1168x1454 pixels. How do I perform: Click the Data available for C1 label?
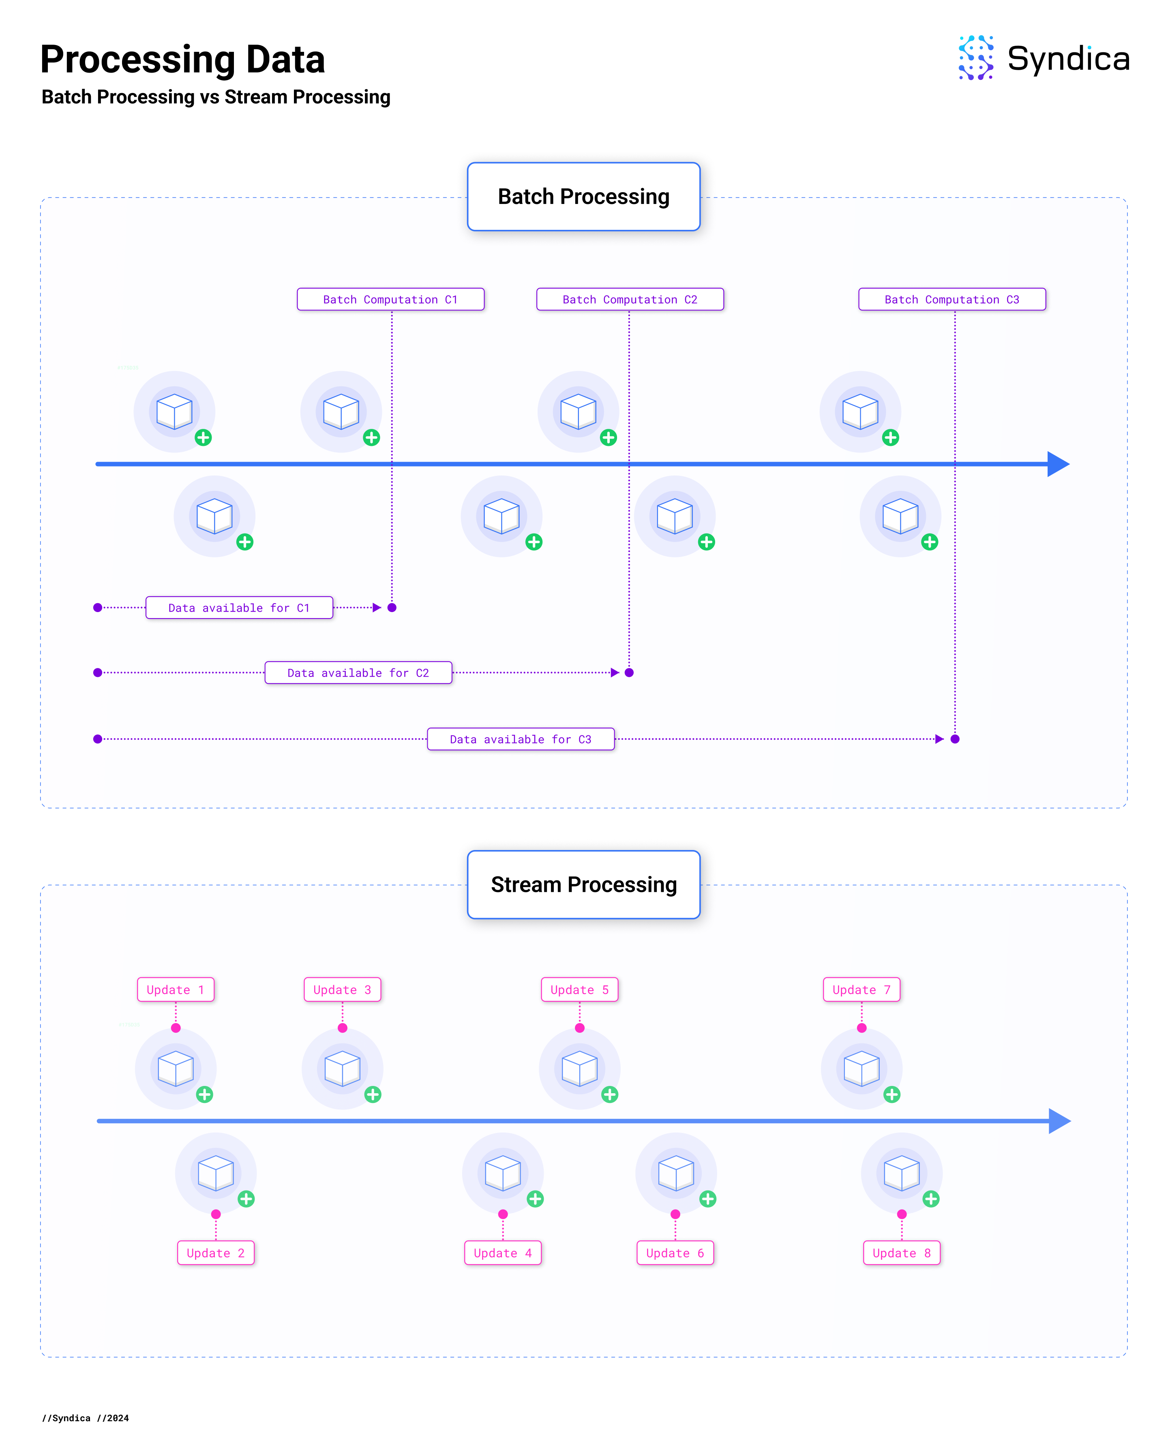(240, 608)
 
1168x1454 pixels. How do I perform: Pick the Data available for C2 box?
(358, 673)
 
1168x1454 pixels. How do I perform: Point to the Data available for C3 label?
(521, 739)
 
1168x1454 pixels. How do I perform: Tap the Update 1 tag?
(175, 990)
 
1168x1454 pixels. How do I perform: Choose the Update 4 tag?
(502, 1253)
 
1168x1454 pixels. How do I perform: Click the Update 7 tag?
(861, 990)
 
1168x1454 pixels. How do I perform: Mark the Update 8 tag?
(902, 1253)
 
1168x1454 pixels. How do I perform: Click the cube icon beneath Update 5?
(579, 1069)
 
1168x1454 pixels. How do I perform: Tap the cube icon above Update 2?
(216, 1173)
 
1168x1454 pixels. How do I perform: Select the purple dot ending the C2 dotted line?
(629, 672)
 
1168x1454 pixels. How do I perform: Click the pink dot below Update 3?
(343, 1028)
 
